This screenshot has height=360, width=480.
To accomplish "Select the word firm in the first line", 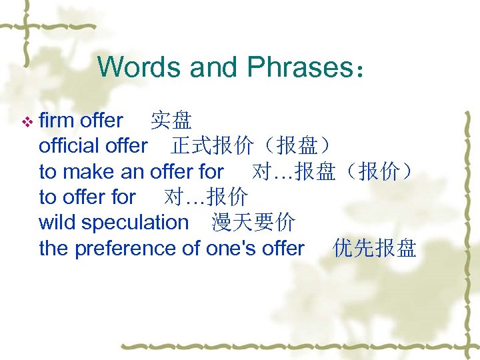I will click(x=57, y=121).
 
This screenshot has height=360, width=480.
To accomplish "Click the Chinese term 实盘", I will click(x=171, y=121).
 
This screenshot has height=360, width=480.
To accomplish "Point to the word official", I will click(x=67, y=145).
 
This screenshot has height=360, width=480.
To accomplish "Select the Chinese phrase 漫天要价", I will click(x=253, y=222).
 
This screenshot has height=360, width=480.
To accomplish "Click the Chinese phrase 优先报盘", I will click(x=375, y=248).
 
